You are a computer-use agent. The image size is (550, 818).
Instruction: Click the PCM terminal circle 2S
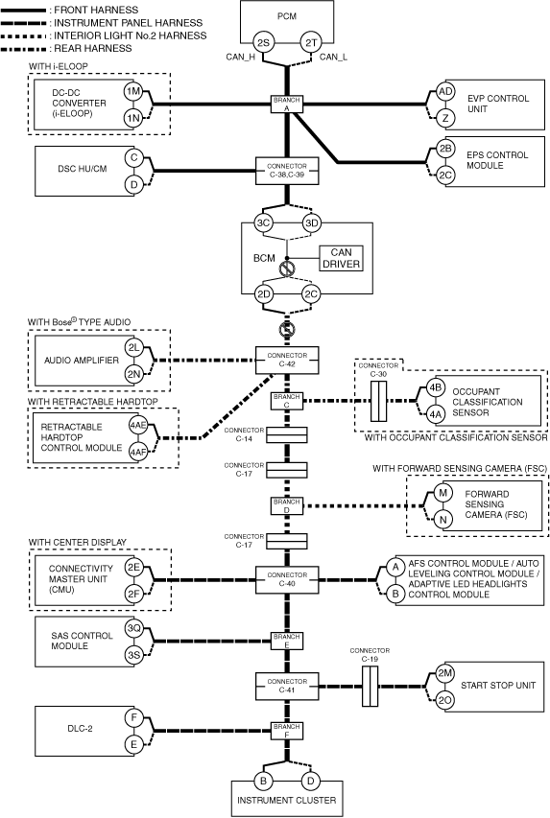tap(263, 43)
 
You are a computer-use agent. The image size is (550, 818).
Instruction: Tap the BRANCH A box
tap(287, 105)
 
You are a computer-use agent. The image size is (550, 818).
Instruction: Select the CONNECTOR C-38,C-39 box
tap(287, 171)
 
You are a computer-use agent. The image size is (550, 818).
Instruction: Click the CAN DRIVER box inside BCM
tap(341, 258)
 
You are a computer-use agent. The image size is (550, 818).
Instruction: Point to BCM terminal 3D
tap(311, 223)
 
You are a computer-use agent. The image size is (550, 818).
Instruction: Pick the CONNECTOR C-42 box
tap(287, 360)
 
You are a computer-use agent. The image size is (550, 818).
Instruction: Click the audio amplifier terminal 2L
tap(134, 347)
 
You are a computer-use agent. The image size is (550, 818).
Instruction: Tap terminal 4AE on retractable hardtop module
tap(138, 426)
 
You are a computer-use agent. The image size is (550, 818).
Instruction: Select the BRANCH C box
tap(287, 401)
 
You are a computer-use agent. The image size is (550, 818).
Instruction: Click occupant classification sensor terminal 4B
tap(435, 388)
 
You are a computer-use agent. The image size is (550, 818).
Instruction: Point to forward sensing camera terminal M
tap(442, 493)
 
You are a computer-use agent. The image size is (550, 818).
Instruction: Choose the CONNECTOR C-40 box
tap(287, 579)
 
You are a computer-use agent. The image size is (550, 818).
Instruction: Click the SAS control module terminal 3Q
tap(134, 628)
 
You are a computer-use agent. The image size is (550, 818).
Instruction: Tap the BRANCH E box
tap(287, 641)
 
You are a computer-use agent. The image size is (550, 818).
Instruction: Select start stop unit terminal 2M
tap(445, 673)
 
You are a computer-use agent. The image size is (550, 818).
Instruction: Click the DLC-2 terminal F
tap(133, 718)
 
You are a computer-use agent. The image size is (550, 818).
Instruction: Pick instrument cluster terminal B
tap(263, 781)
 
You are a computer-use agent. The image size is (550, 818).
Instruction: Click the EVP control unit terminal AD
tap(445, 91)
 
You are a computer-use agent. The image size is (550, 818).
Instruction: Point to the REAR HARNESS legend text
tap(93, 49)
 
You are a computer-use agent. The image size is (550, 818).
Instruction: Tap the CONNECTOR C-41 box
tap(287, 686)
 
